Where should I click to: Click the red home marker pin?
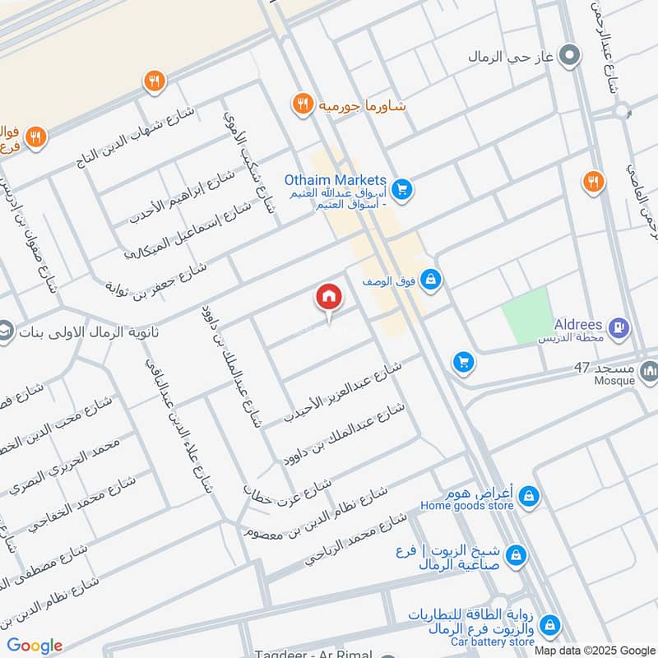coord(328,298)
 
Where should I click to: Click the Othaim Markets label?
coord(335,180)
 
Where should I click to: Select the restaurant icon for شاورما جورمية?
coord(303,104)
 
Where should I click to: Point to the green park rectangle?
coord(526,315)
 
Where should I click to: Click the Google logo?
coord(35,646)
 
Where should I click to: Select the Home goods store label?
coord(468,506)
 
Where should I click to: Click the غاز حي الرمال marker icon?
coord(568,56)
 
